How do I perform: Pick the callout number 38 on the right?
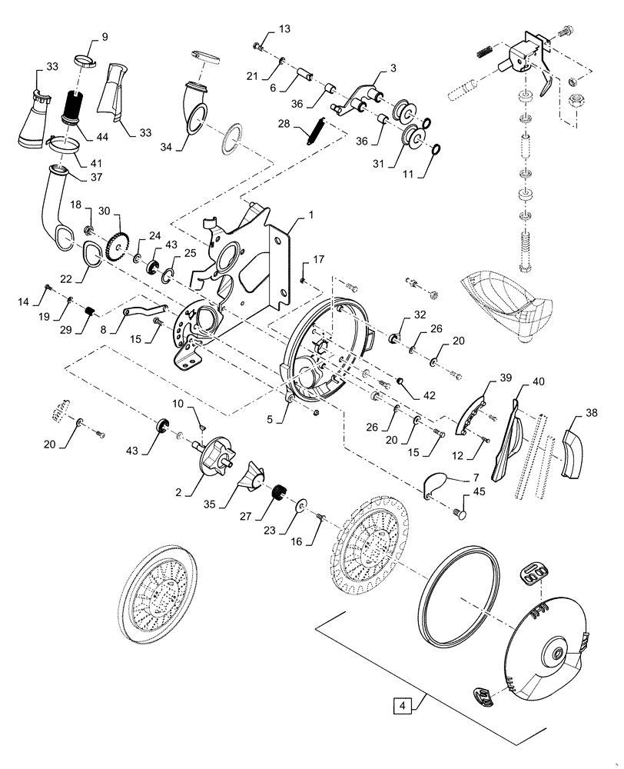590,412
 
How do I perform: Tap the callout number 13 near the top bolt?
264,29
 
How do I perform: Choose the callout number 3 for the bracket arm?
393,69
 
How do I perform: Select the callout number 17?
319,260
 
